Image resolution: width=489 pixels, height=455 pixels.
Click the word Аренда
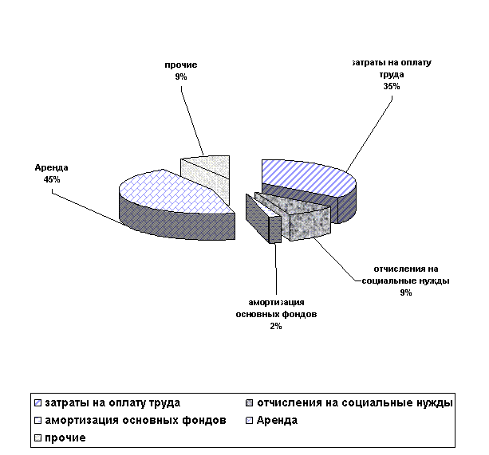52,168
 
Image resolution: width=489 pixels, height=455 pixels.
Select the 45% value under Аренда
52,181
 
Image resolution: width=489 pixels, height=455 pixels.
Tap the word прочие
181,65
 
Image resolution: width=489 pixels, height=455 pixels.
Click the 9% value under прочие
181,77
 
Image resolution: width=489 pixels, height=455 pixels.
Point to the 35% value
392,87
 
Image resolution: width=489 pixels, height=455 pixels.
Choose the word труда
392,74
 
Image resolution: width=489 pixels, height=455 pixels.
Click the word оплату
413,62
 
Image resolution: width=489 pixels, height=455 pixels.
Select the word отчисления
405,268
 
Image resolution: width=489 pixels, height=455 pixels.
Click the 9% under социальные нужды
406,293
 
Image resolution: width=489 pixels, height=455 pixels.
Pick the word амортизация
276,302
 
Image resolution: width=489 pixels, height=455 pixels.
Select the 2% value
276,328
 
